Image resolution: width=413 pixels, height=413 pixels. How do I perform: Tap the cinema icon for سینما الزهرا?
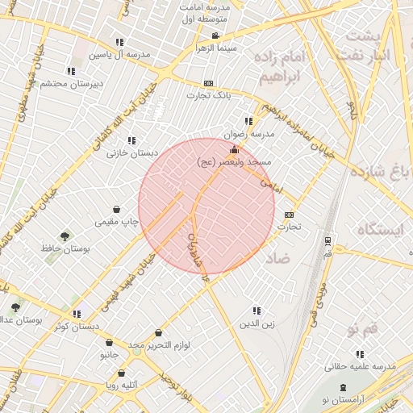(215, 35)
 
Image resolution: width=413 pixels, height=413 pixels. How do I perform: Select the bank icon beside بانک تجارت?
(209, 84)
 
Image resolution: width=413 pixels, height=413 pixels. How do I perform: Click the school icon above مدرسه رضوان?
(248, 121)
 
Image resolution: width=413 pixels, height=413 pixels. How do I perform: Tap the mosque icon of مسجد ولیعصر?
(234, 150)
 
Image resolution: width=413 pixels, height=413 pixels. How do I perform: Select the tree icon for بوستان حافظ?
(65, 236)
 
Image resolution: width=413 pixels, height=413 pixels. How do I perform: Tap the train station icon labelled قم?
(327, 240)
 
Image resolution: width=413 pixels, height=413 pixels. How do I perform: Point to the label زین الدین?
(257, 324)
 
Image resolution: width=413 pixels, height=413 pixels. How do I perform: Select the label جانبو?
(108, 354)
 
